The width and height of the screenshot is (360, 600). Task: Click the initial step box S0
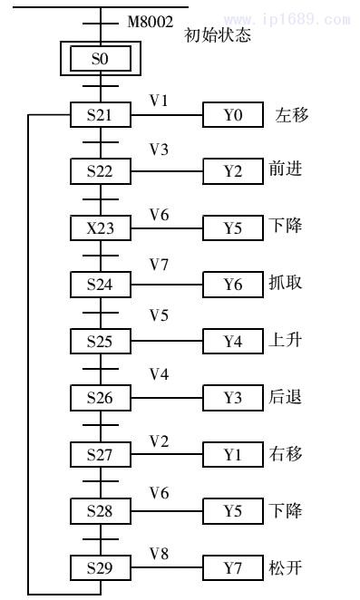pyautogui.click(x=102, y=59)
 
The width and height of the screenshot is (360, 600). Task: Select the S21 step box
pyautogui.click(x=102, y=115)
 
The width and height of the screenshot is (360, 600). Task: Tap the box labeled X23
pyautogui.click(x=102, y=227)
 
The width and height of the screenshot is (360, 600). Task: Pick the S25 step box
pyautogui.click(x=102, y=342)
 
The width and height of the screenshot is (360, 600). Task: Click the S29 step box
pyautogui.click(x=102, y=568)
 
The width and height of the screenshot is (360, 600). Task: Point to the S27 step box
pyautogui.click(x=102, y=455)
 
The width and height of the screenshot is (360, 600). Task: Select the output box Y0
pyautogui.click(x=233, y=115)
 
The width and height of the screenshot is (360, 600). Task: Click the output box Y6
pyautogui.click(x=233, y=285)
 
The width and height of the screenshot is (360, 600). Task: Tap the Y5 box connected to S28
pyautogui.click(x=233, y=511)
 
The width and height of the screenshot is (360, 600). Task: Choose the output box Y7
pyautogui.click(x=233, y=568)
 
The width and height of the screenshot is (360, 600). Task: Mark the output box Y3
pyautogui.click(x=233, y=398)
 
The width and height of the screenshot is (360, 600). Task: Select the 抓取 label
pyautogui.click(x=286, y=284)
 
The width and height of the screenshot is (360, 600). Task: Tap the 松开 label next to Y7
pyautogui.click(x=286, y=568)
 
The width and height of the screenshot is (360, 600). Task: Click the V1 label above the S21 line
pyautogui.click(x=159, y=100)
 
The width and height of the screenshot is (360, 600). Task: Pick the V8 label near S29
pyautogui.click(x=159, y=553)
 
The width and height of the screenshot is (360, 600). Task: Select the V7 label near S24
pyautogui.click(x=159, y=269)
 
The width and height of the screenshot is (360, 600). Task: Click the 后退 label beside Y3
pyautogui.click(x=286, y=398)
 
